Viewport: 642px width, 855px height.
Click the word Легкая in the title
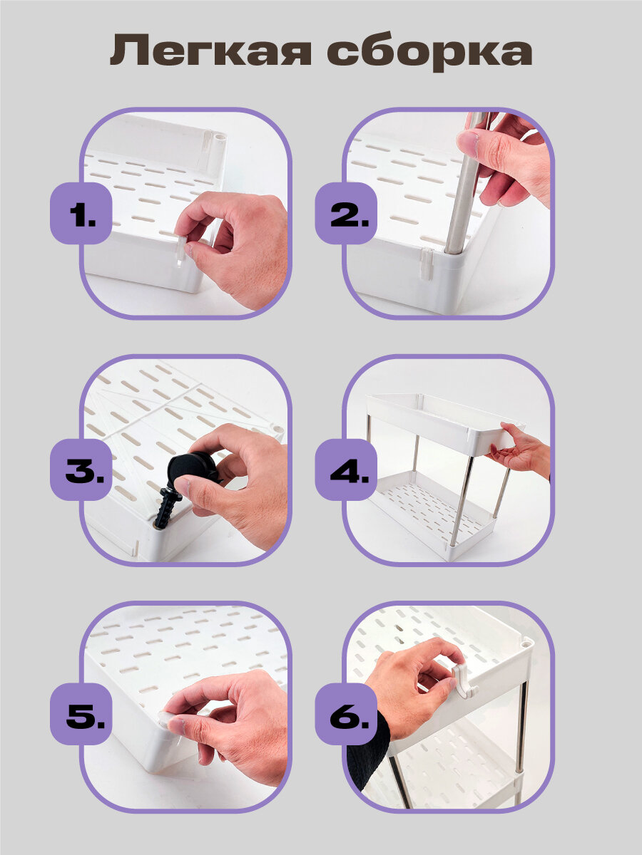210,51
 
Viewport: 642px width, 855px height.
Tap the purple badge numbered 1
81,213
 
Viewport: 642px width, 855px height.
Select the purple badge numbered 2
346,213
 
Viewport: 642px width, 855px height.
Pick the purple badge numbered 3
81,470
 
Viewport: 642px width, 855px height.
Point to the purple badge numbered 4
346,470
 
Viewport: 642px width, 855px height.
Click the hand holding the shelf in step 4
519,451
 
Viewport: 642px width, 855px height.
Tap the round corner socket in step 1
220,139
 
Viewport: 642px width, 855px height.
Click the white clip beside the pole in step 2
426,263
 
